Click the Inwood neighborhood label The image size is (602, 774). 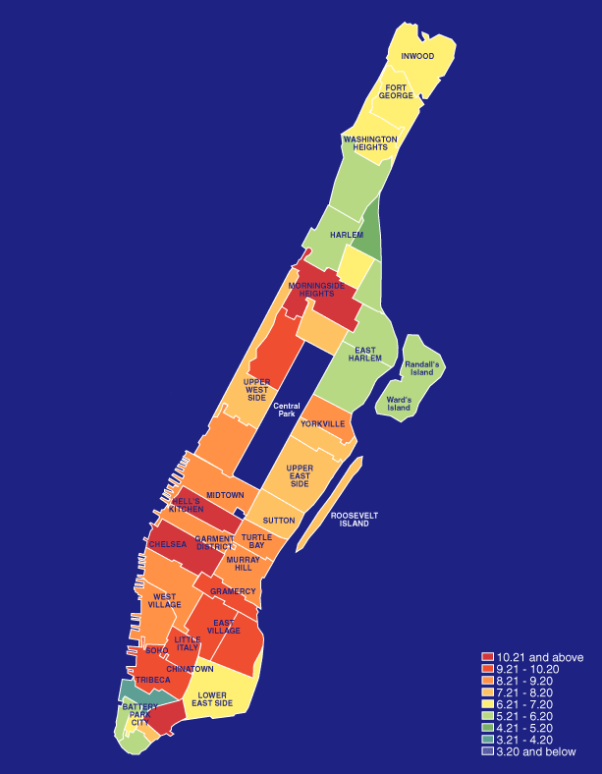point(417,56)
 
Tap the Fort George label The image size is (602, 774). point(397,91)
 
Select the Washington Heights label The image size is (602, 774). point(370,143)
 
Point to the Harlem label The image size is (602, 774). point(346,236)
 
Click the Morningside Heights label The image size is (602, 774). point(316,289)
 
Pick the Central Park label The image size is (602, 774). point(286,411)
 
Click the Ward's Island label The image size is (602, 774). point(398,404)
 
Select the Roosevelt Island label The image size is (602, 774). point(355,520)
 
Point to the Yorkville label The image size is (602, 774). point(323,423)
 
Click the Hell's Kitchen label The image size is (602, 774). point(187,505)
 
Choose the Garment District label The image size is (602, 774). point(214,542)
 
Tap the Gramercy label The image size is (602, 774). point(233,591)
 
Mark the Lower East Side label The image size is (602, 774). point(212,700)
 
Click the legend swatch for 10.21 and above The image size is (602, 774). point(487,657)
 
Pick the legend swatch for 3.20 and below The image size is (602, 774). point(487,751)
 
